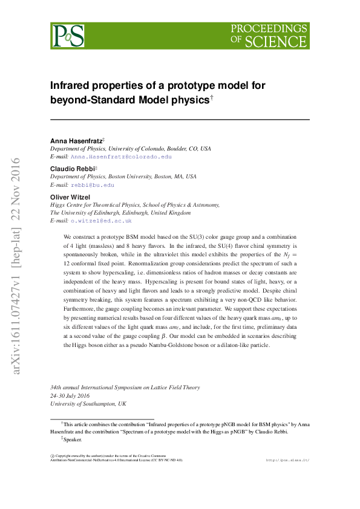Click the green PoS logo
pyautogui.click(x=67, y=36)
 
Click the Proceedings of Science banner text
pyautogui.click(x=269, y=36)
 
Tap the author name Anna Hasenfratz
pyautogui.click(x=76, y=141)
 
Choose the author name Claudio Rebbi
pyautogui.click(x=71, y=169)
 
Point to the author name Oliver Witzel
pyautogui.click(x=69, y=197)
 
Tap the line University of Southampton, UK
pyautogui.click(x=88, y=403)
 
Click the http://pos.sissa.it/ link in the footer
pyautogui.click(x=287, y=461)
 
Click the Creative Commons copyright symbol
pyautogui.click(x=52, y=455)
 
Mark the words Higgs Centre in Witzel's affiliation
pyautogui.click(x=66, y=205)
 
